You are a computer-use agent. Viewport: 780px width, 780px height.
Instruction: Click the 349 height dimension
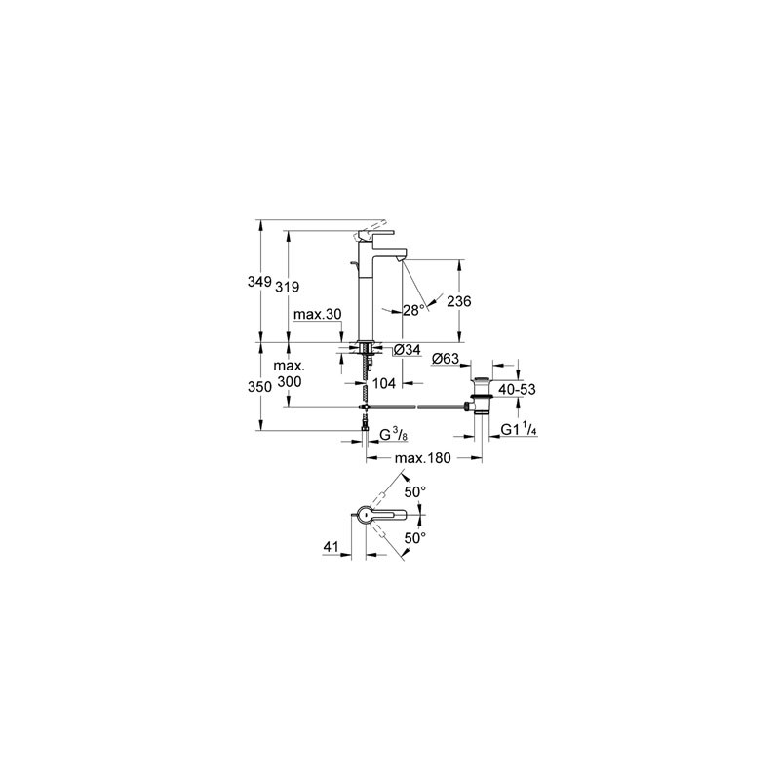coord(259,282)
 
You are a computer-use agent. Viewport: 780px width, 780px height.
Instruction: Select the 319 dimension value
coord(288,287)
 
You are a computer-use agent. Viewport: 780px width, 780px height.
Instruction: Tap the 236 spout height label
coord(459,301)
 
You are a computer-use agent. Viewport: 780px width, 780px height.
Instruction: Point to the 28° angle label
coord(413,311)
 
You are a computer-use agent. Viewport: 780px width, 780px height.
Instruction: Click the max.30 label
coord(318,314)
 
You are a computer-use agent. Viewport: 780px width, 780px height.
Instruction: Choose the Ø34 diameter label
coord(407,350)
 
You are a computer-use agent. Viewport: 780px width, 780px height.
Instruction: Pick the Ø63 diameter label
coord(446,358)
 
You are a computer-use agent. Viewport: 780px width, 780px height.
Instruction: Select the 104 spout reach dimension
coord(384,383)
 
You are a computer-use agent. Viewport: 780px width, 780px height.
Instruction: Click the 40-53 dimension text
coord(518,389)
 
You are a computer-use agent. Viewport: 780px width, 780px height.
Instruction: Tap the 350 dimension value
coord(259,386)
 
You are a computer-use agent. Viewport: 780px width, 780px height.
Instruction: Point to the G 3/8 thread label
coord(394,435)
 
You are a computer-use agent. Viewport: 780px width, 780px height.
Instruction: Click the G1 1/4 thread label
coord(519,430)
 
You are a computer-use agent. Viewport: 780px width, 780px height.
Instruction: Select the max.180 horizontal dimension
coord(422,457)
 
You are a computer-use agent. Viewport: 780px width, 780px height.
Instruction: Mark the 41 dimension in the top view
coord(331,547)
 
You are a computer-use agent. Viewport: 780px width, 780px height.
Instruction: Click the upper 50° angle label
coord(415,492)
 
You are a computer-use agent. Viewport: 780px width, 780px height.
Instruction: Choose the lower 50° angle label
coord(415,538)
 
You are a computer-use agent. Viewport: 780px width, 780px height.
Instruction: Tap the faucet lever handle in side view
coord(375,233)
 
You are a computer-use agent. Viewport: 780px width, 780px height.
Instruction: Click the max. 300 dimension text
coord(289,373)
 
